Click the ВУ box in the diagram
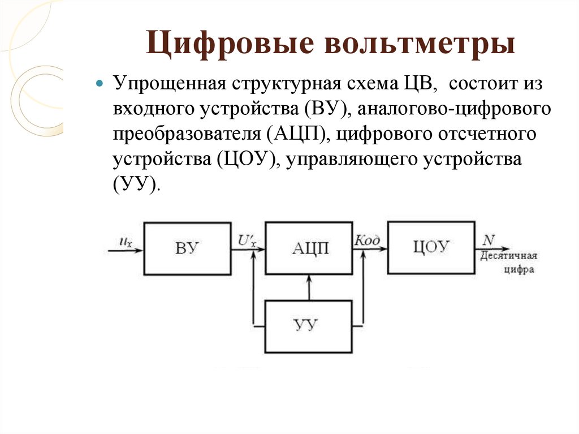[x=187, y=248]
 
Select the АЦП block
[x=309, y=248]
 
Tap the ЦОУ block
[x=431, y=247]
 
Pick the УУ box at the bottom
[x=309, y=326]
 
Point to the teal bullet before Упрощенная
[x=100, y=83]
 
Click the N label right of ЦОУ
[x=489, y=240]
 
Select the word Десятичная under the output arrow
[x=508, y=256]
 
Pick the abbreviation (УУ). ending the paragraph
[x=137, y=184]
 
